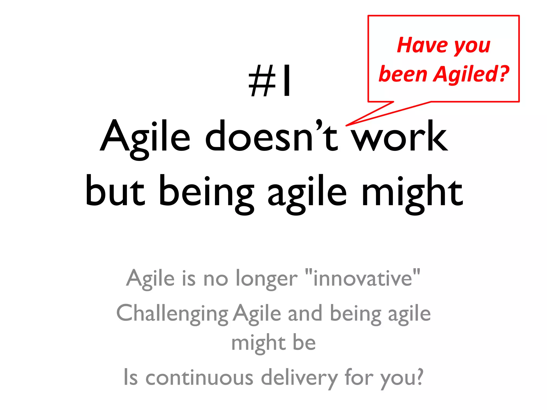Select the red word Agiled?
tap(471, 74)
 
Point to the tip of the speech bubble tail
tap(346, 125)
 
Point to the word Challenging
tap(172, 314)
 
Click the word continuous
tap(199, 377)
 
